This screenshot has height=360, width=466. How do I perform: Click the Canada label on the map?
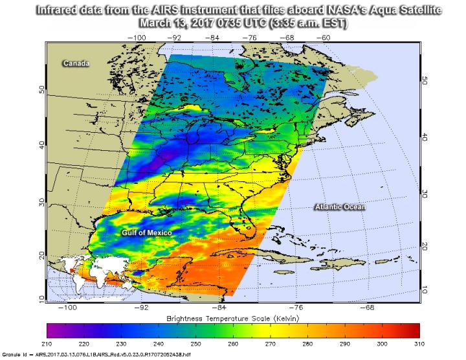[x=75, y=63]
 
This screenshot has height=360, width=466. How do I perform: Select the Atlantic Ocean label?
[x=340, y=207]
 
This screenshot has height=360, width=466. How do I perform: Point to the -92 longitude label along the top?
[x=175, y=38]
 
